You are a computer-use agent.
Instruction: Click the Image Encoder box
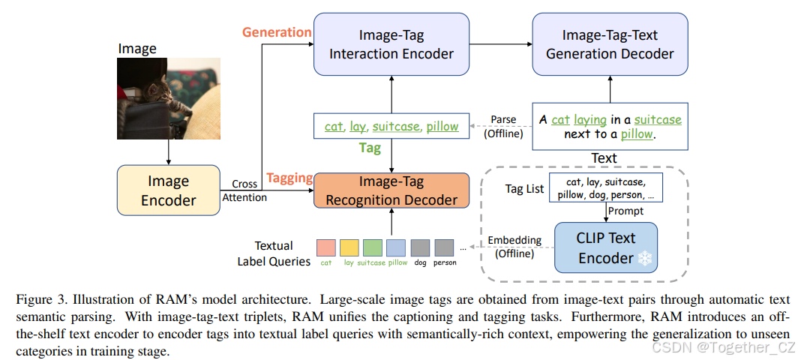(168, 190)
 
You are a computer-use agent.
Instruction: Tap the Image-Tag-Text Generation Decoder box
(610, 44)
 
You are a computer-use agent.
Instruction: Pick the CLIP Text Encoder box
(605, 248)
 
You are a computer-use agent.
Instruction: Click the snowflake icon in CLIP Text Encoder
(644, 259)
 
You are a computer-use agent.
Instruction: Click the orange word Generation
(276, 32)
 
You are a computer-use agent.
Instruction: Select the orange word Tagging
(289, 178)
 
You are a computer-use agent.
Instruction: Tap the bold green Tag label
(370, 148)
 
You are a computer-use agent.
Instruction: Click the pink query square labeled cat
(326, 247)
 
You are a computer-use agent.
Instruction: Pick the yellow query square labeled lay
(349, 247)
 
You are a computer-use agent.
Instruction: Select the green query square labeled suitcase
(372, 247)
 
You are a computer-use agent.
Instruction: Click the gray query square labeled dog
(419, 247)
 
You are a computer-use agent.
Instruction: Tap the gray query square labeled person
(445, 247)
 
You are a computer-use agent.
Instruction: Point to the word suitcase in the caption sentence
(658, 119)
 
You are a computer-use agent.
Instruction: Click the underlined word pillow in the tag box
(442, 126)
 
